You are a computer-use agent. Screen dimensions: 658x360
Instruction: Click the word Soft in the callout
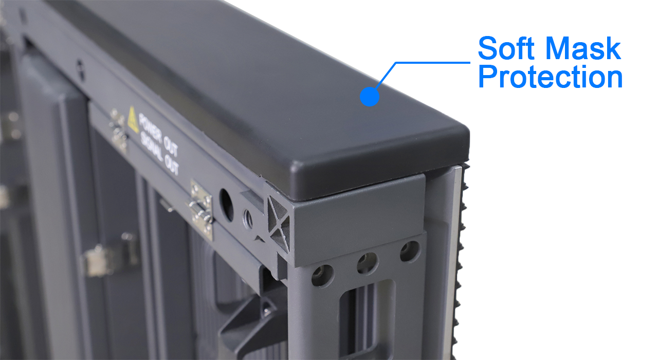[506, 48]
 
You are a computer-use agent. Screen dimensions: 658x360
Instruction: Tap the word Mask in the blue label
[583, 48]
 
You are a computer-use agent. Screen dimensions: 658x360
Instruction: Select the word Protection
[551, 77]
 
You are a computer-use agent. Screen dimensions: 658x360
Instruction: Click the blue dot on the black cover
[370, 96]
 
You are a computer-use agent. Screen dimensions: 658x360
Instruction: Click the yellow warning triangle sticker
[133, 120]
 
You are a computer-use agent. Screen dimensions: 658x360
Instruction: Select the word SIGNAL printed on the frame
[152, 147]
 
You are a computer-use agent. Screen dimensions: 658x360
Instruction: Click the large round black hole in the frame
[226, 205]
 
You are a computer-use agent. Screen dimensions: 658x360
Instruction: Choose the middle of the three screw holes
[368, 263]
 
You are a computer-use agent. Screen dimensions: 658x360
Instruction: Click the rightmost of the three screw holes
[410, 251]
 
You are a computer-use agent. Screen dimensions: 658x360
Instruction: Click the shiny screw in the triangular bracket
[267, 309]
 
